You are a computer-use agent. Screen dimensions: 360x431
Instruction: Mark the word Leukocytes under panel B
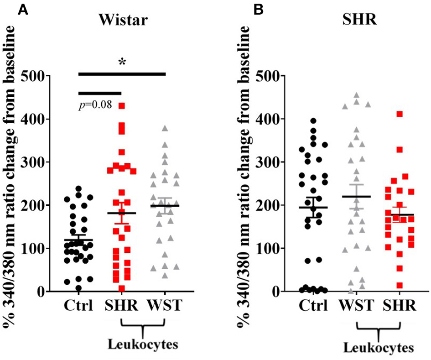(379, 348)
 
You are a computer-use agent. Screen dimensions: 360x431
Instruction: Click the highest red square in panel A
(122, 106)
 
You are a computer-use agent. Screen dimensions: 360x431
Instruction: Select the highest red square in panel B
(400, 114)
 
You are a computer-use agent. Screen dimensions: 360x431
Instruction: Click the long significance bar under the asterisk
(122, 73)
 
